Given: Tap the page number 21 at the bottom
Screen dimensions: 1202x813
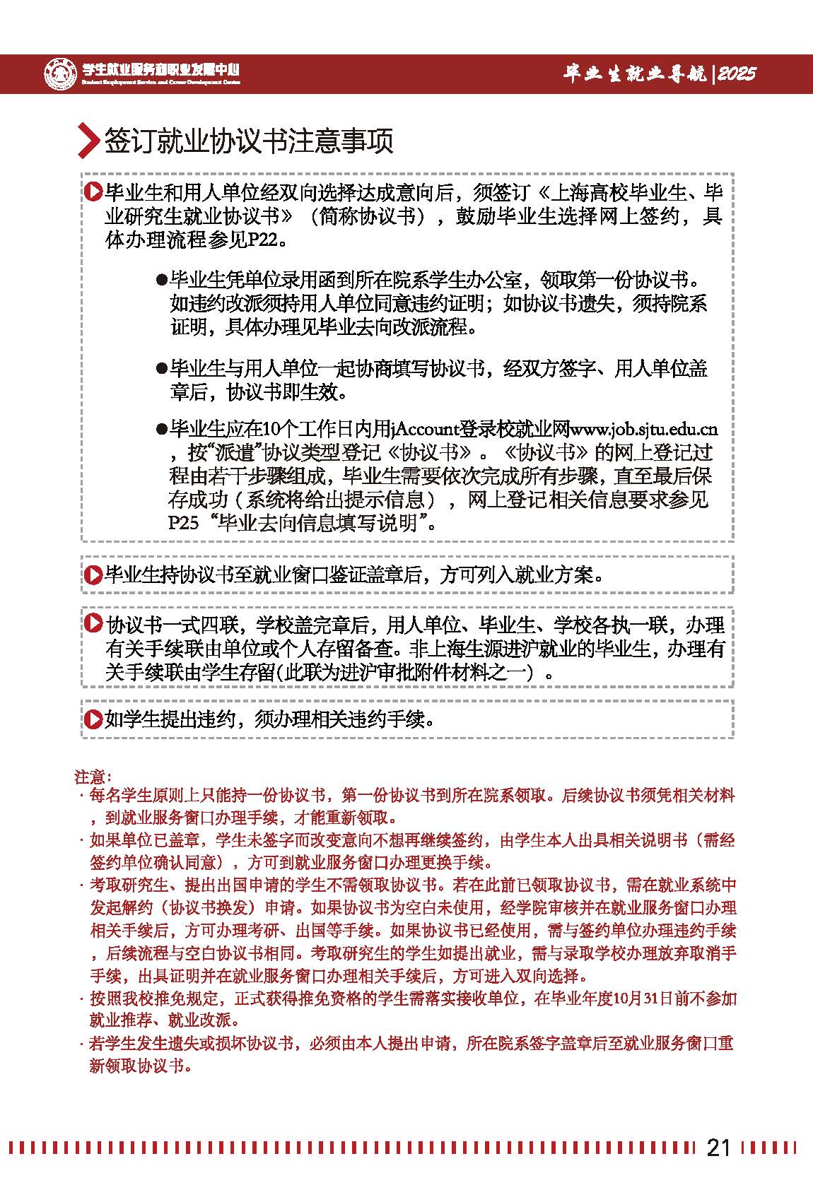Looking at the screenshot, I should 718,1148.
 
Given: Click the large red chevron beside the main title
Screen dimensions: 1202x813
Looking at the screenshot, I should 87,141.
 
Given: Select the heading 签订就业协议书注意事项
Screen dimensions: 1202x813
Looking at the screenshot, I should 248,141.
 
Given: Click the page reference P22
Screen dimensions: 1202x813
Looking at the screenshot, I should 265,240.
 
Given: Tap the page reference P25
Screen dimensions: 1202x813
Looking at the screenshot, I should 183,523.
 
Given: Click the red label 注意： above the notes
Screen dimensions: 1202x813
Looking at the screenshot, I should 88,777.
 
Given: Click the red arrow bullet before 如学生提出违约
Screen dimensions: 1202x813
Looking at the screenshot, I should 92,719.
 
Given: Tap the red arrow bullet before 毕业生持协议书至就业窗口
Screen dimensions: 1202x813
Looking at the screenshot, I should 92,575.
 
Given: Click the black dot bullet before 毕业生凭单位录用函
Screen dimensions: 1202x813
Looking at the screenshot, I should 161,280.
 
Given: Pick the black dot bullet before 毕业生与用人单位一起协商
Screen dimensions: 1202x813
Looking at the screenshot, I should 161,369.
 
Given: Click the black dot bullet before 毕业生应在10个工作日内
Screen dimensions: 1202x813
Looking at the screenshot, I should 161,429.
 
